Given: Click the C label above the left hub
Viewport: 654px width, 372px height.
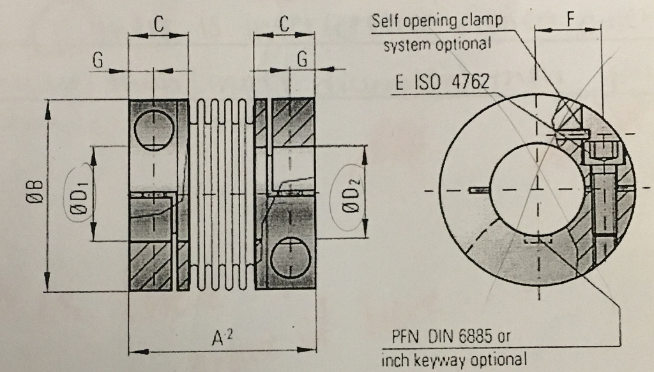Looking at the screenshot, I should click(158, 24).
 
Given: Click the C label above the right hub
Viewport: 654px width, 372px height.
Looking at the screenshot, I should click(284, 24).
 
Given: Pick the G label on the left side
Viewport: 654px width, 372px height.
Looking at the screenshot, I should click(98, 60).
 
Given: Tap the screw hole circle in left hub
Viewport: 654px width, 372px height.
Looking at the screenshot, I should click(154, 129).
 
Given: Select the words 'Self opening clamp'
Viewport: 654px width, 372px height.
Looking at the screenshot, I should click(437, 20).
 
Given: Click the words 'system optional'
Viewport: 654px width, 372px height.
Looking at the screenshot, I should click(437, 44).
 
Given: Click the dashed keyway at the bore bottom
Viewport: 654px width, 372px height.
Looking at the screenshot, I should click(537, 241).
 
